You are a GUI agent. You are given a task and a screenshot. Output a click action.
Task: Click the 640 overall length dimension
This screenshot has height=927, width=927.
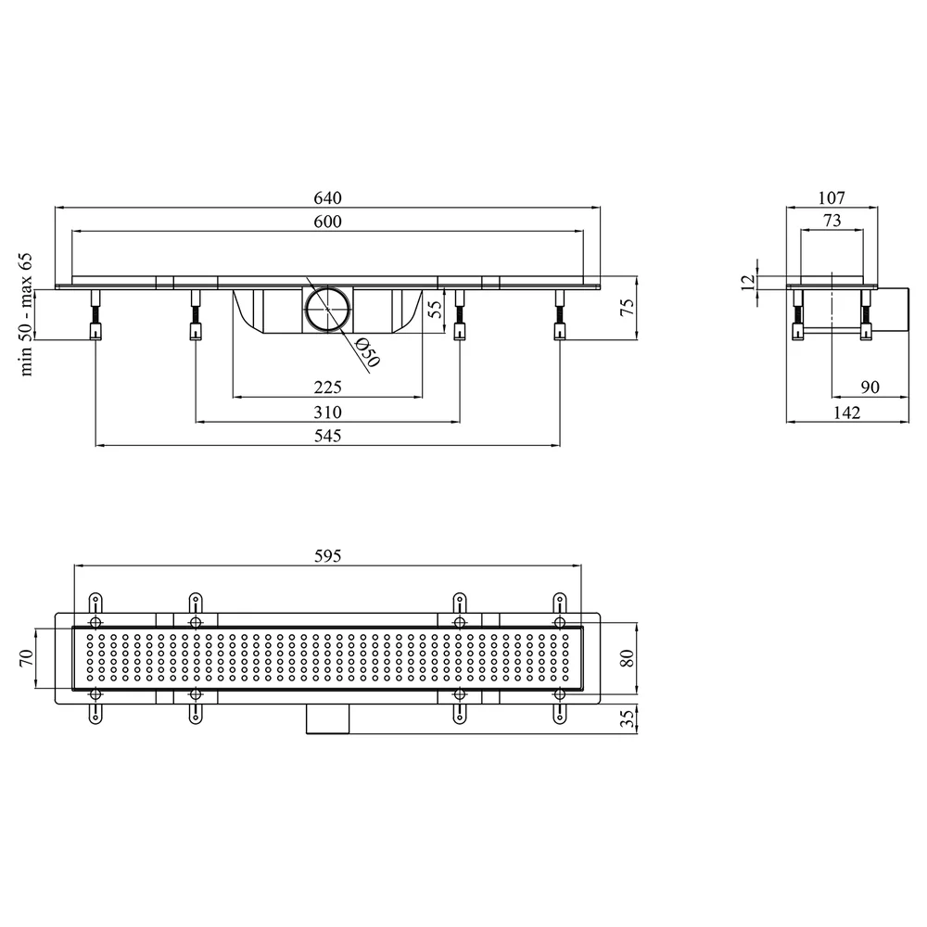click(x=327, y=197)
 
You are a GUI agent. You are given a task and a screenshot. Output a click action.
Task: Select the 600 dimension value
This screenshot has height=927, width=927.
click(x=327, y=222)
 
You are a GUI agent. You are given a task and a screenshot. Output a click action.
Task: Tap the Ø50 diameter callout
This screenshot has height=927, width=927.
click(x=366, y=352)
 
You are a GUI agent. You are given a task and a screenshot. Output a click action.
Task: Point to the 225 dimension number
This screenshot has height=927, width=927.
click(x=327, y=387)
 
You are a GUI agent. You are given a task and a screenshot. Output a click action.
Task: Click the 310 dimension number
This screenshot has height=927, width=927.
click(x=327, y=413)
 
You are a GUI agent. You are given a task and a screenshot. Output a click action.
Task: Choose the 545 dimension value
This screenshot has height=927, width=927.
click(x=327, y=436)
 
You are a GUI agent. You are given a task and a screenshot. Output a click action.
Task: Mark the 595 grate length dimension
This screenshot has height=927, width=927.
click(x=327, y=555)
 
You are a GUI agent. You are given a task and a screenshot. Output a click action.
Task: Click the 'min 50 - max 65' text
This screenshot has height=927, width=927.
click(x=26, y=314)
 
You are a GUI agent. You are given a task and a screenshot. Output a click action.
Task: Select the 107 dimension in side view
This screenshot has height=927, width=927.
click(x=832, y=197)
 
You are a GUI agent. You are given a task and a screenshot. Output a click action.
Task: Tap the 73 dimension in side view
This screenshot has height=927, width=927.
click(x=832, y=221)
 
